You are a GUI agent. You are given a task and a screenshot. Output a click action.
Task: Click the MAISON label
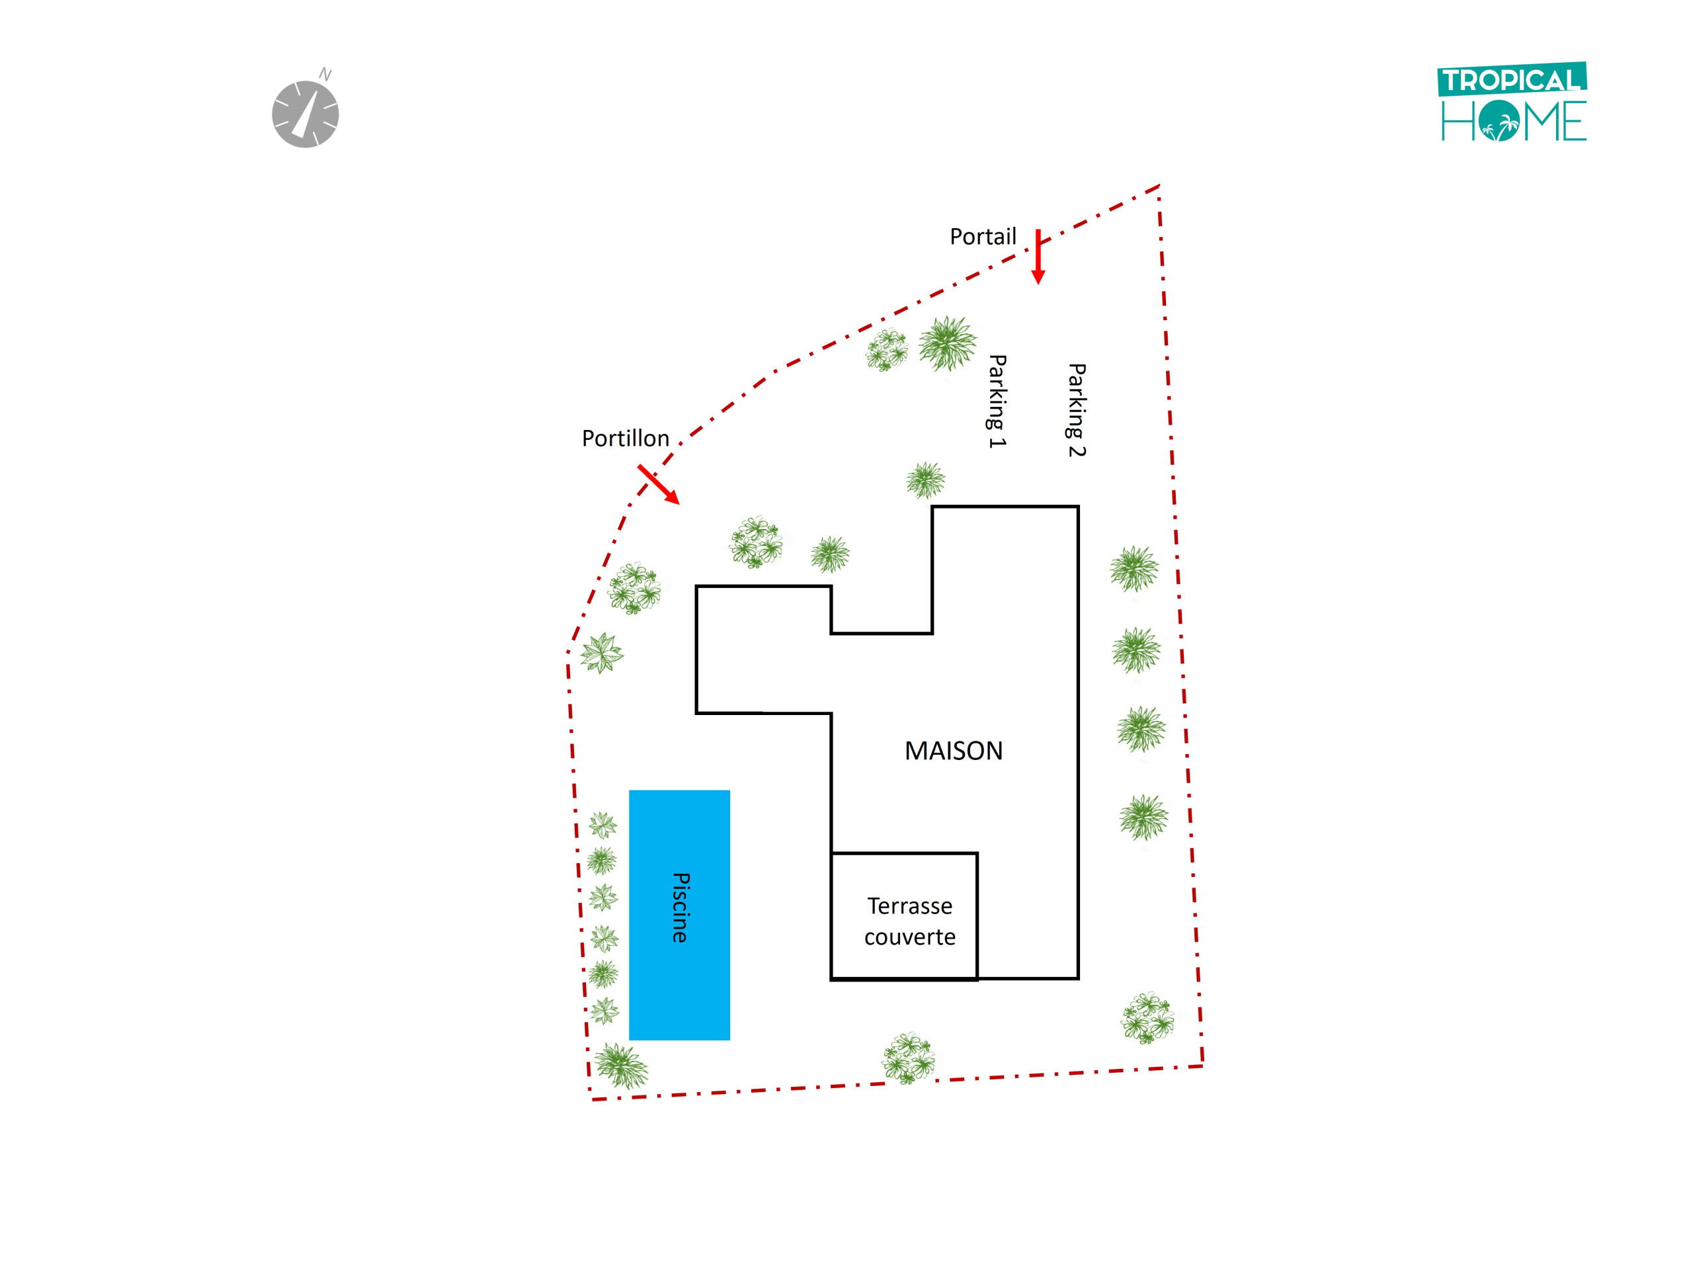click(x=954, y=751)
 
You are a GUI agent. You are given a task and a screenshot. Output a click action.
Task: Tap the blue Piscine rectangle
click(x=680, y=915)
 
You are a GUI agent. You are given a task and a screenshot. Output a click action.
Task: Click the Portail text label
click(x=983, y=237)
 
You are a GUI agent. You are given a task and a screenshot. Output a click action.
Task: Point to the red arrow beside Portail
click(x=1038, y=257)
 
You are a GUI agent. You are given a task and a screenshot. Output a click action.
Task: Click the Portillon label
click(x=626, y=439)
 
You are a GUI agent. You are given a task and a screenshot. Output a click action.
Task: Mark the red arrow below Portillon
click(x=658, y=484)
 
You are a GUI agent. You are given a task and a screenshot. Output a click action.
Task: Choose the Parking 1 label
click(x=997, y=401)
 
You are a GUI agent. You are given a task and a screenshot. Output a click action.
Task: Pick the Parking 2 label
click(x=1076, y=410)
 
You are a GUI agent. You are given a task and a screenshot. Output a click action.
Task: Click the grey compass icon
click(x=306, y=114)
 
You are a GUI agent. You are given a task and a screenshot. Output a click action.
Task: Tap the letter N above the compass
click(x=325, y=74)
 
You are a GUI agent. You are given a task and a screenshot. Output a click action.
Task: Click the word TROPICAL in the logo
click(x=1512, y=79)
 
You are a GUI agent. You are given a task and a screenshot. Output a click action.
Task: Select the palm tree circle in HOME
click(x=1499, y=122)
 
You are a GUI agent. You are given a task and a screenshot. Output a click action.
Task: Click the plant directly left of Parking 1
click(x=948, y=344)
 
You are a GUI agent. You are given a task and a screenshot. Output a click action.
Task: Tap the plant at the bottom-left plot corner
click(x=622, y=1066)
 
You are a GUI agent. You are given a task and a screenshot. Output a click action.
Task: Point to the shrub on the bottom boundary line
click(x=909, y=1059)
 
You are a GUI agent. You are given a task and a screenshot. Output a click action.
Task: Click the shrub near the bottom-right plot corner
click(x=1147, y=1018)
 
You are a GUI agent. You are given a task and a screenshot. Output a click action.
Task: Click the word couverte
click(x=910, y=937)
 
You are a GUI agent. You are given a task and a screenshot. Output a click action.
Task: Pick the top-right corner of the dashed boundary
click(x=1159, y=186)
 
